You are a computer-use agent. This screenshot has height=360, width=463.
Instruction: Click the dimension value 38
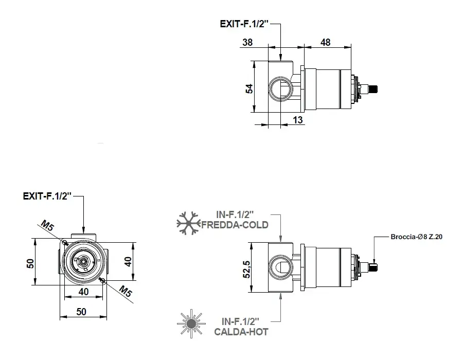click(x=247, y=42)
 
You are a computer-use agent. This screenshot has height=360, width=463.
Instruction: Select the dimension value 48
click(x=325, y=42)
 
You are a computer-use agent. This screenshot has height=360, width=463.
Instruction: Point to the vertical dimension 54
click(x=250, y=88)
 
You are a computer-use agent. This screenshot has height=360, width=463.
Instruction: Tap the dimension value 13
click(x=298, y=120)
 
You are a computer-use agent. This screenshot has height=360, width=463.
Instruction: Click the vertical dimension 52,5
click(x=246, y=269)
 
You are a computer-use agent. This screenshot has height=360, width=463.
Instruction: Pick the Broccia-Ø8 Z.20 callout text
click(x=416, y=237)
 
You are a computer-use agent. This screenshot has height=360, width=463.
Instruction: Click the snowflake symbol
click(x=188, y=223)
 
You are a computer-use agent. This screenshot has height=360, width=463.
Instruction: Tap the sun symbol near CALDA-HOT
click(x=191, y=323)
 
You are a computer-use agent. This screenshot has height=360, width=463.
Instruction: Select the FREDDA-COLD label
click(x=235, y=225)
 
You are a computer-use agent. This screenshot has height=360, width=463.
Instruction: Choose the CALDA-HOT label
click(x=241, y=332)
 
